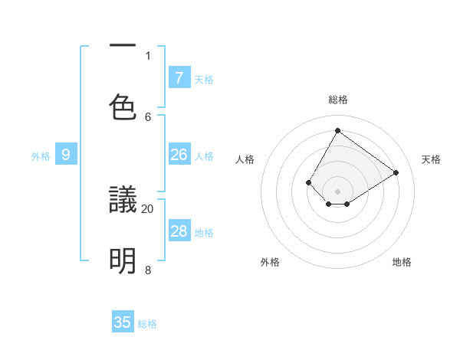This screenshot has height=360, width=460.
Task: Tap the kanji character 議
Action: click(123, 201)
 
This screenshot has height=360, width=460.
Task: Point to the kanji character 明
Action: click(123, 261)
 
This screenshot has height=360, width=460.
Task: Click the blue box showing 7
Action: click(179, 77)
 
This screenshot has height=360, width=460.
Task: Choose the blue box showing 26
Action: click(179, 155)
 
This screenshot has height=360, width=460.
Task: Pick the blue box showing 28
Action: click(179, 231)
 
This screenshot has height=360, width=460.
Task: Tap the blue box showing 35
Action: click(123, 322)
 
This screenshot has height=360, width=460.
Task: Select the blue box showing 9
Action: click(66, 155)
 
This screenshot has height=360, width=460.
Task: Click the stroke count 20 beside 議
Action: click(148, 208)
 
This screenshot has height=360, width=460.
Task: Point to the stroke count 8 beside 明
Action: click(148, 270)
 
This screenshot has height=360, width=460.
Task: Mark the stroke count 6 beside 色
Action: click(148, 116)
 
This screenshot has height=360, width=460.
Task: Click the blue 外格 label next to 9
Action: click(41, 156)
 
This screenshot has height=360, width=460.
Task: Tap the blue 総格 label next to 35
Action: click(147, 324)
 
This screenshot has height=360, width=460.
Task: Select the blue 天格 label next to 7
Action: click(204, 79)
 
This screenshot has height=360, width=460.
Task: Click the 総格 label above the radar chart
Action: click(338, 100)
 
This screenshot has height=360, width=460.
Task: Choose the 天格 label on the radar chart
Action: click(432, 159)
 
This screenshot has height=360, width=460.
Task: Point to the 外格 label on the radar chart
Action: click(270, 262)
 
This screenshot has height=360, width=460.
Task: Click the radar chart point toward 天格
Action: click(396, 173)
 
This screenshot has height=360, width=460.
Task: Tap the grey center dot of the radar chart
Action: click(338, 191)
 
